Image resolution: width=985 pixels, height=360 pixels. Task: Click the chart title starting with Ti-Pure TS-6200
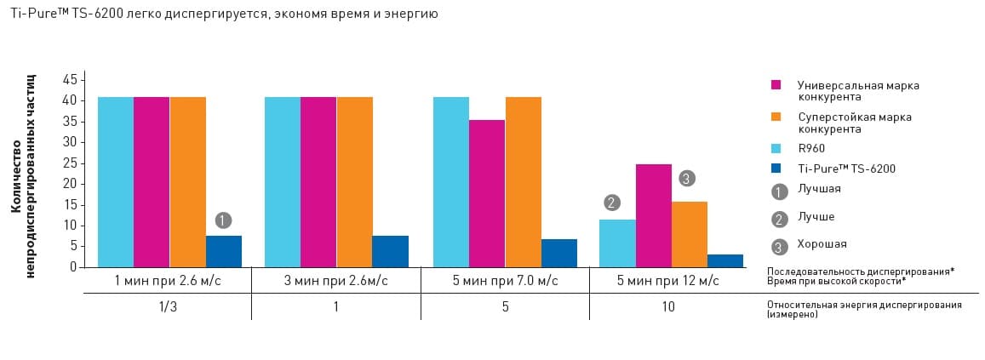tap(225, 14)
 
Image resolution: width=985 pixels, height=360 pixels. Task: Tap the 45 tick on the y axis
tap(70, 80)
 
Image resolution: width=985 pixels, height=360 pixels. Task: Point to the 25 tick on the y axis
tap(70, 163)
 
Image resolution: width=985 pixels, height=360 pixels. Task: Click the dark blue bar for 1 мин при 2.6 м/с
tap(224, 252)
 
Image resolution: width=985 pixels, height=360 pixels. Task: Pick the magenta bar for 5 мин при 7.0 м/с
tap(487, 193)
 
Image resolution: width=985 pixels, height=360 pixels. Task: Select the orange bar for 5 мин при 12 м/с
tap(690, 234)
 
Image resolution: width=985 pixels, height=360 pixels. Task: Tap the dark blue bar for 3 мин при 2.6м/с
tap(390, 252)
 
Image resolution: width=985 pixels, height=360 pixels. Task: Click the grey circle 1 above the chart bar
tap(223, 220)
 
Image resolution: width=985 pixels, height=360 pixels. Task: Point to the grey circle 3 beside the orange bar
tap(688, 179)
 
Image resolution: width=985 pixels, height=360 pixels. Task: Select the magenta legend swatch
tap(776, 85)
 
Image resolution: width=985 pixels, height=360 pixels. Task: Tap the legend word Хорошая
tap(822, 244)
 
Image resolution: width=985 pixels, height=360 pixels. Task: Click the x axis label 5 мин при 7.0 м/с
tap(506, 280)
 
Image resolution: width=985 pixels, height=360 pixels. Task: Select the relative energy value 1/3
tap(168, 306)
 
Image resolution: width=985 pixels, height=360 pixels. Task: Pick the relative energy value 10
tap(667, 306)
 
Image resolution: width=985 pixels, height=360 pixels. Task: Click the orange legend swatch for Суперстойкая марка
tap(776, 117)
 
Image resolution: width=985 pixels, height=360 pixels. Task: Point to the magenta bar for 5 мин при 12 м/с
tap(653, 215)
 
